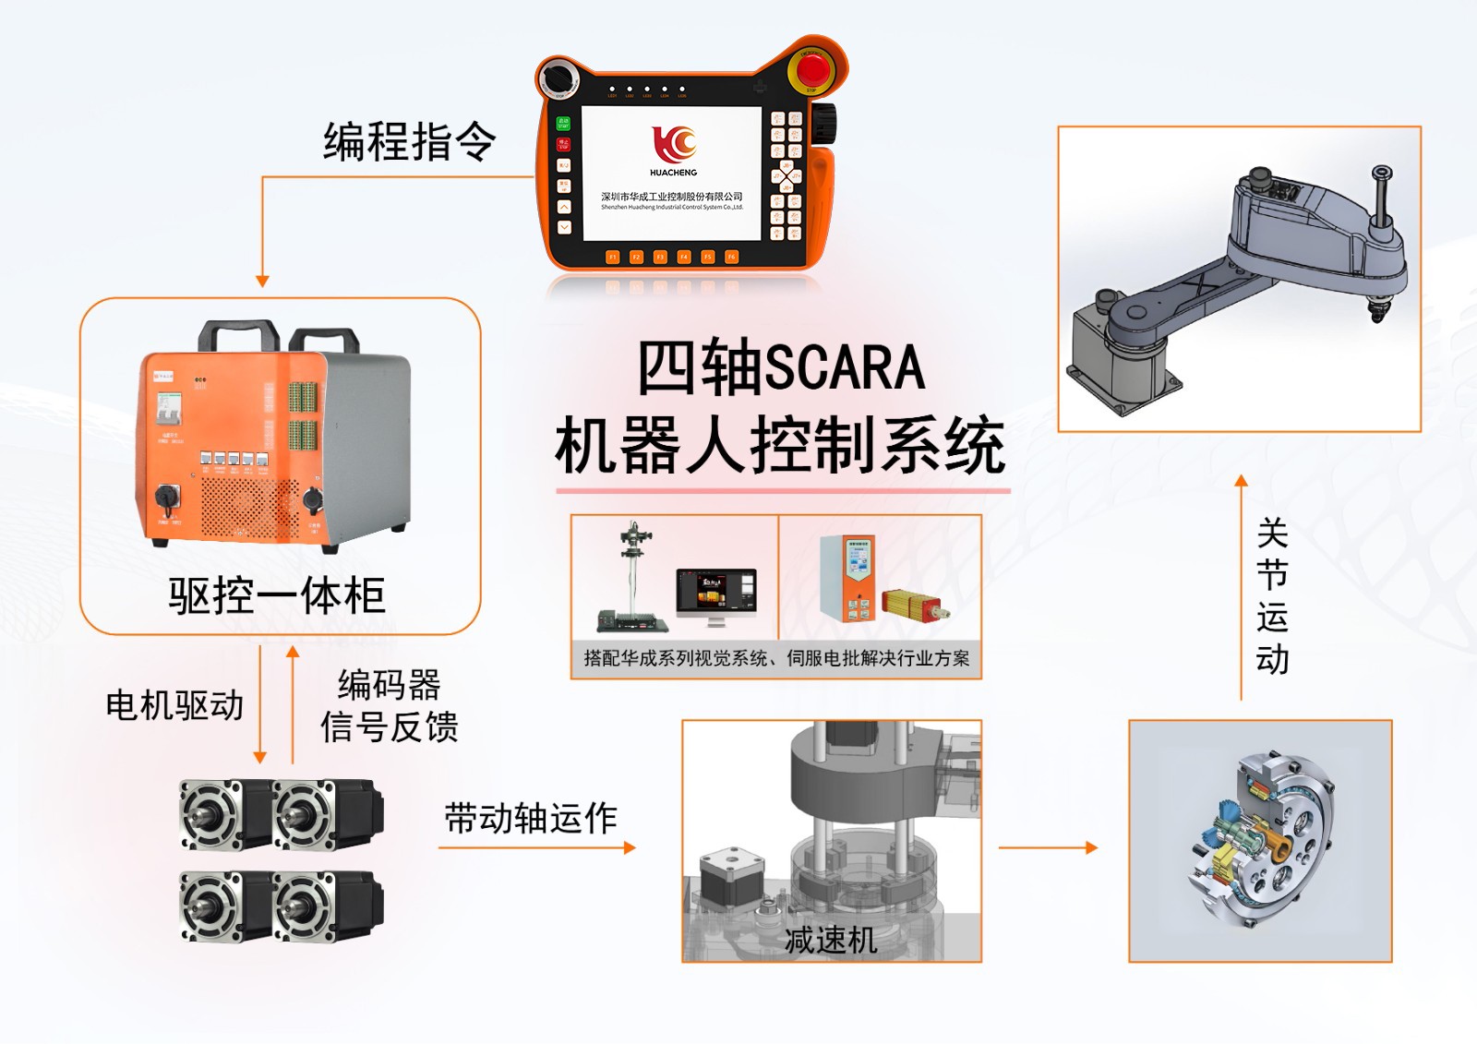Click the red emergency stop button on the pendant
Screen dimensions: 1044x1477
812,69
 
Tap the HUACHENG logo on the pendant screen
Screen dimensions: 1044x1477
673,149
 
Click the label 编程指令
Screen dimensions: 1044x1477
409,142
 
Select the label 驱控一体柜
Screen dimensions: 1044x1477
276,595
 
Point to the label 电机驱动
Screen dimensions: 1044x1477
174,705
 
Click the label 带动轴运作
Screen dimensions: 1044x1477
531,818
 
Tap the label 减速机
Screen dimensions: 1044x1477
830,940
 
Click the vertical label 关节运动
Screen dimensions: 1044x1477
1272,596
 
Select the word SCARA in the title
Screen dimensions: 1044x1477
845,367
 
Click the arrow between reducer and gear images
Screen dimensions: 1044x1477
1049,846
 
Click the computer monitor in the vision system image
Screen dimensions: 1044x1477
715,593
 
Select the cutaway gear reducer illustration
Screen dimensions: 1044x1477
1261,840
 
